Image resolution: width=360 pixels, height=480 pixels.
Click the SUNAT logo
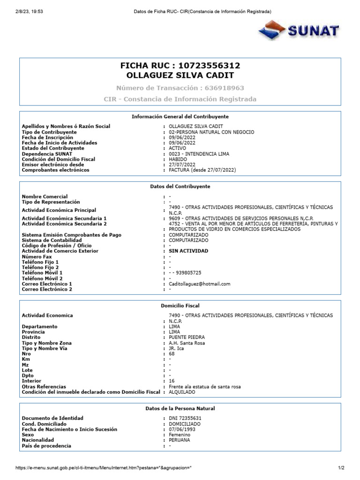point(299,31)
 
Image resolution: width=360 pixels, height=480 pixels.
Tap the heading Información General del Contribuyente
point(180,116)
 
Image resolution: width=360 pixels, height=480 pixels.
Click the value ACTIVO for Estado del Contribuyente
point(177,148)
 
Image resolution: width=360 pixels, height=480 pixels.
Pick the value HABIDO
point(178,159)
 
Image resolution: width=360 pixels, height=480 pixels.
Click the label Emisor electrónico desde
point(53,165)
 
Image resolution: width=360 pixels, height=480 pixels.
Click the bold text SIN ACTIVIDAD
point(188,251)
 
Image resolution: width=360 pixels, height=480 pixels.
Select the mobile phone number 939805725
point(188,273)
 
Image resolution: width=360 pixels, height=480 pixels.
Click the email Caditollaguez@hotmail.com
point(200,284)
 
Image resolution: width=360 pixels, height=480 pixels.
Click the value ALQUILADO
point(182,392)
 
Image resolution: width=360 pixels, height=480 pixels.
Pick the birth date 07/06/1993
point(182,429)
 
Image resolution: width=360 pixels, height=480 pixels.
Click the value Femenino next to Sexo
point(180,435)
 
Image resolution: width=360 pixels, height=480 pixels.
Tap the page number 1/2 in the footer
point(341,468)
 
